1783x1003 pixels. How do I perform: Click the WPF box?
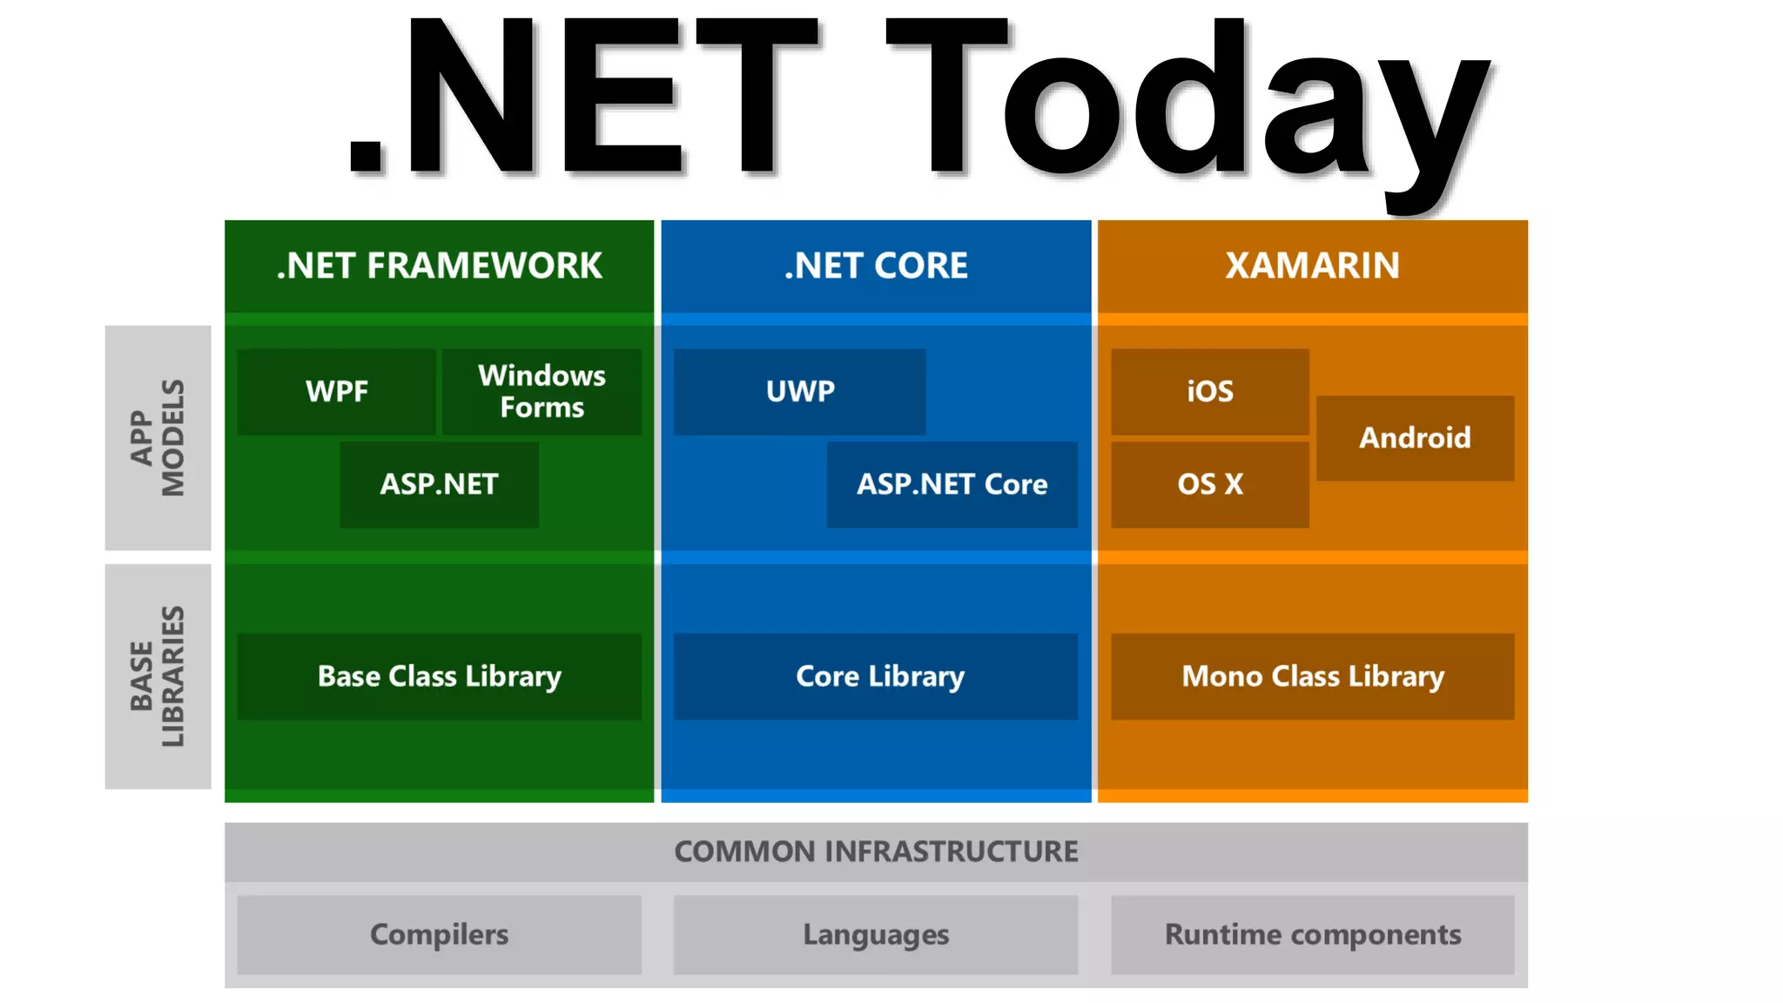[x=336, y=392]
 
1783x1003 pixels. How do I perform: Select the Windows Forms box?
[x=542, y=392]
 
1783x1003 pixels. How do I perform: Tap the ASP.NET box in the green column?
[x=439, y=484]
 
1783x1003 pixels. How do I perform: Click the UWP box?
[x=799, y=392]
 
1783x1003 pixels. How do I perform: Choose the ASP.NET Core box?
[x=952, y=484]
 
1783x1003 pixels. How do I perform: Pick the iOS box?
[x=1209, y=392]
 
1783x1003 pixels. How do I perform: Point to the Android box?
[x=1415, y=438]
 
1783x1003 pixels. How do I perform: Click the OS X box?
[x=1209, y=484]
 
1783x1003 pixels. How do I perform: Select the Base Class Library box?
[x=439, y=677]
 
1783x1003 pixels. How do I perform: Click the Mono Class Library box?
[x=1312, y=677]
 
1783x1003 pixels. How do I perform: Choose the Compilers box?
[x=439, y=934]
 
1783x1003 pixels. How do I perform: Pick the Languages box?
[x=875, y=934]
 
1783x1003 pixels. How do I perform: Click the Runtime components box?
[x=1312, y=934]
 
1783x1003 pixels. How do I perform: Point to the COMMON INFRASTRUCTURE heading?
[x=876, y=852]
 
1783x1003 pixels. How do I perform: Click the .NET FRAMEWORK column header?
[x=439, y=266]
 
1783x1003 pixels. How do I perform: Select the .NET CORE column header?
[x=876, y=266]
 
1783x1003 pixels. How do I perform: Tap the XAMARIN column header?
[x=1312, y=266]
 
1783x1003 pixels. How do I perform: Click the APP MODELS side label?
[x=158, y=438]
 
